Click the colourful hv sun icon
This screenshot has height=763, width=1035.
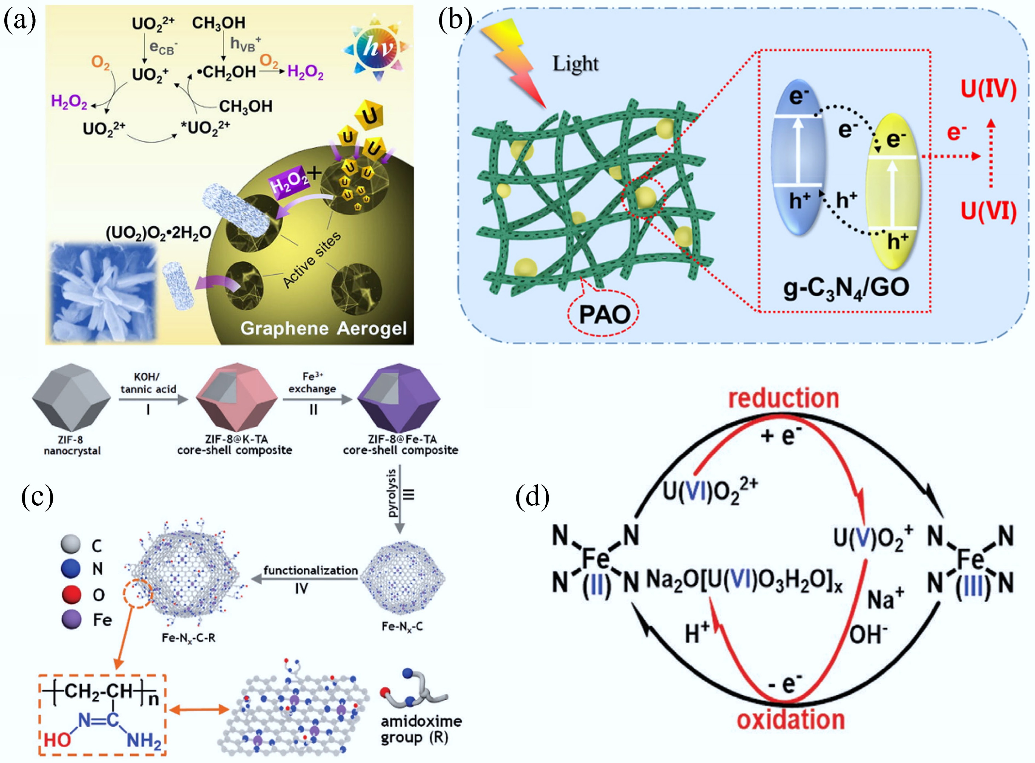(x=376, y=48)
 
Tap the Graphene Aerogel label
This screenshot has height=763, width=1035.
(x=323, y=328)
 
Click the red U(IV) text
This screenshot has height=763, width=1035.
(x=988, y=89)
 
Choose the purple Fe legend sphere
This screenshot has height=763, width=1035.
(x=71, y=619)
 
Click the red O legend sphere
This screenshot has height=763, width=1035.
(x=71, y=594)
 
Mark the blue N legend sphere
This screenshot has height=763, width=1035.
(x=71, y=569)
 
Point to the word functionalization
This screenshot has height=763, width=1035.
(x=310, y=571)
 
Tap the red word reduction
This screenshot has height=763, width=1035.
(x=783, y=398)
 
